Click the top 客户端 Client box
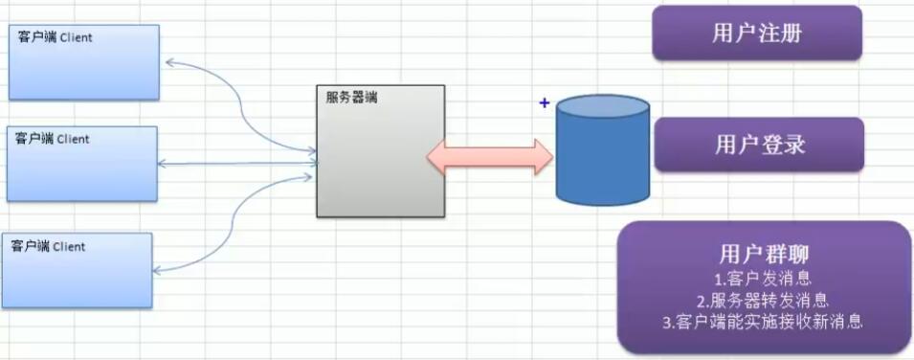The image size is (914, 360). (83, 63)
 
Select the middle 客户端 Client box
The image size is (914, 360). (81, 164)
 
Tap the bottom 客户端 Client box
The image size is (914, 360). (77, 271)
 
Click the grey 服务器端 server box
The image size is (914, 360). (381, 153)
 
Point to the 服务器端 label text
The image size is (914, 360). (351, 97)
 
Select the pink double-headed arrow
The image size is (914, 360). (490, 156)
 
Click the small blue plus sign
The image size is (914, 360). (545, 102)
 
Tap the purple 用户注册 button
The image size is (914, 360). (757, 34)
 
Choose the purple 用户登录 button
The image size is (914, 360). (759, 145)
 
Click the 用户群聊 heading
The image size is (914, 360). (762, 255)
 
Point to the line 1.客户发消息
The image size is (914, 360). (762, 279)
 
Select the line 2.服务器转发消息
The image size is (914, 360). (762, 301)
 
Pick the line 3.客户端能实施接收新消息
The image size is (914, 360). (762, 322)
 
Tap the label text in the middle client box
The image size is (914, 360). (52, 139)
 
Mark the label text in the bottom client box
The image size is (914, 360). (48, 246)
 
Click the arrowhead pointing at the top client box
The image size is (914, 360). (169, 62)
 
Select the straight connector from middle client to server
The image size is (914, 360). (239, 164)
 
